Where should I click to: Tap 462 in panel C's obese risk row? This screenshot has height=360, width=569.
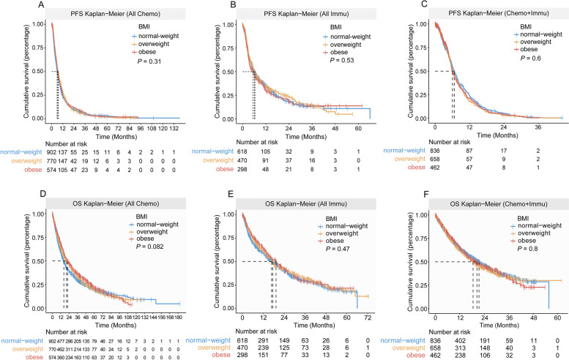[x=435, y=167]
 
